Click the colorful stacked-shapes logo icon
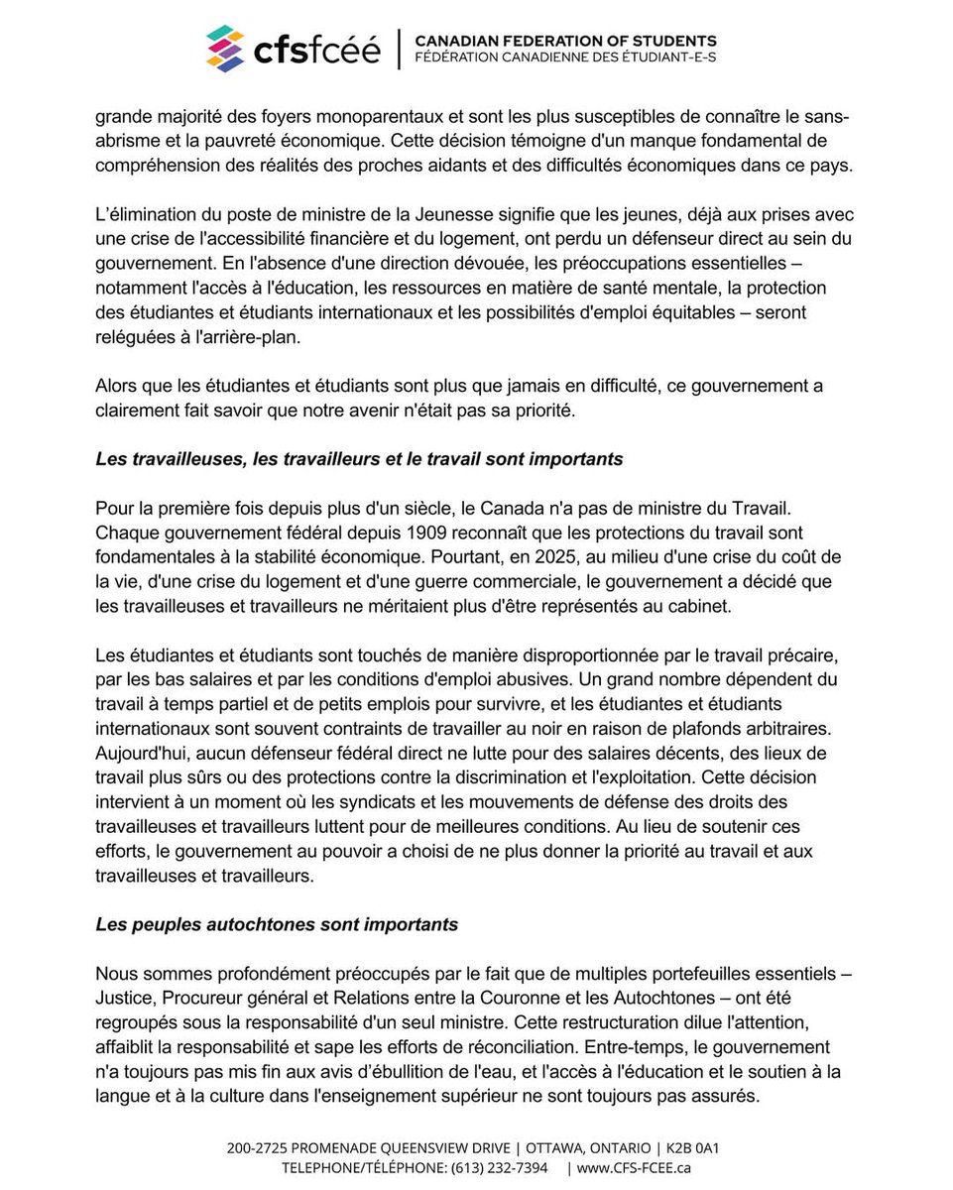[225, 49]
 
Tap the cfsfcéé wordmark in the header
[314, 50]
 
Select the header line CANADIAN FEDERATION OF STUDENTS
[564, 41]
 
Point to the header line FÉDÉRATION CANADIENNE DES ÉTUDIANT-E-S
[564, 59]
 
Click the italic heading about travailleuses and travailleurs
[359, 458]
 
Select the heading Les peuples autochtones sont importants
[277, 923]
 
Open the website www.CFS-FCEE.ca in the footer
[634, 1167]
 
